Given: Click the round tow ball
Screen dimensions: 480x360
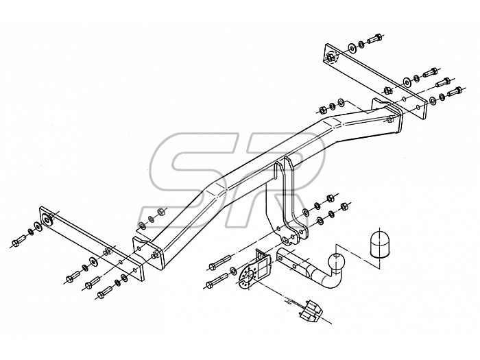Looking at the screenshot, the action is pyautogui.click(x=337, y=262).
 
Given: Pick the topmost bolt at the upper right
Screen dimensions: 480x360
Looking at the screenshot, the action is pyautogui.click(x=374, y=39).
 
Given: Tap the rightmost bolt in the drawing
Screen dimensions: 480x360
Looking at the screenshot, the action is pyautogui.click(x=455, y=91).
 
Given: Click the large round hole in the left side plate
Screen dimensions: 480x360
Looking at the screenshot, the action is pyautogui.click(x=47, y=220).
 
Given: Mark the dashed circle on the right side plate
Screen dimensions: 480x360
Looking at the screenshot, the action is pyautogui.click(x=331, y=57).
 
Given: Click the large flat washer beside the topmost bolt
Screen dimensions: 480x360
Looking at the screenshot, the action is pyautogui.click(x=352, y=47).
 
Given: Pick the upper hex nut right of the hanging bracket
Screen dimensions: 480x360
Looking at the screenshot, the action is pyautogui.click(x=331, y=197).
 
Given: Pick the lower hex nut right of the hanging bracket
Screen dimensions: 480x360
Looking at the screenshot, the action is pyautogui.click(x=344, y=206).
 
